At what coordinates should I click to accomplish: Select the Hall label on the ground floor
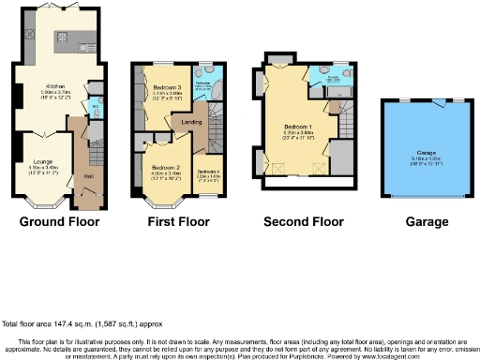pos(89,176)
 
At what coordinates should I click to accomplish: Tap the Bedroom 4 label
pos(207,172)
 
